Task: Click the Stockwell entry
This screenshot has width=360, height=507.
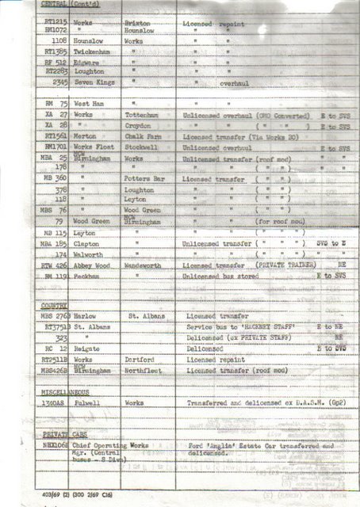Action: coord(140,147)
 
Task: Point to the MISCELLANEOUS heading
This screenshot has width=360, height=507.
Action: coord(65,391)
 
